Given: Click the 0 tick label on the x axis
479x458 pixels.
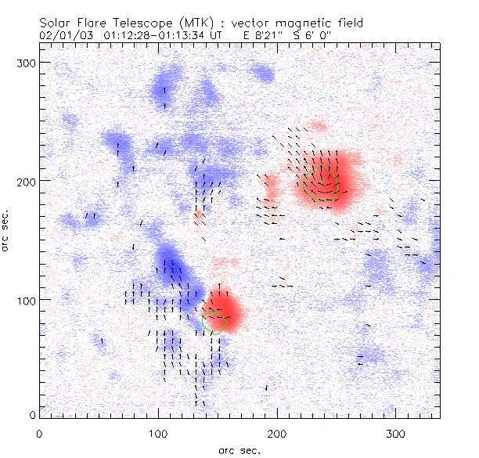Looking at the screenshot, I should (39, 433).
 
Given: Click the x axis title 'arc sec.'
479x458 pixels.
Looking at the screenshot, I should (239, 449).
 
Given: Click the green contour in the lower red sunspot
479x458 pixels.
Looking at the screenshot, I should (213, 322).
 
